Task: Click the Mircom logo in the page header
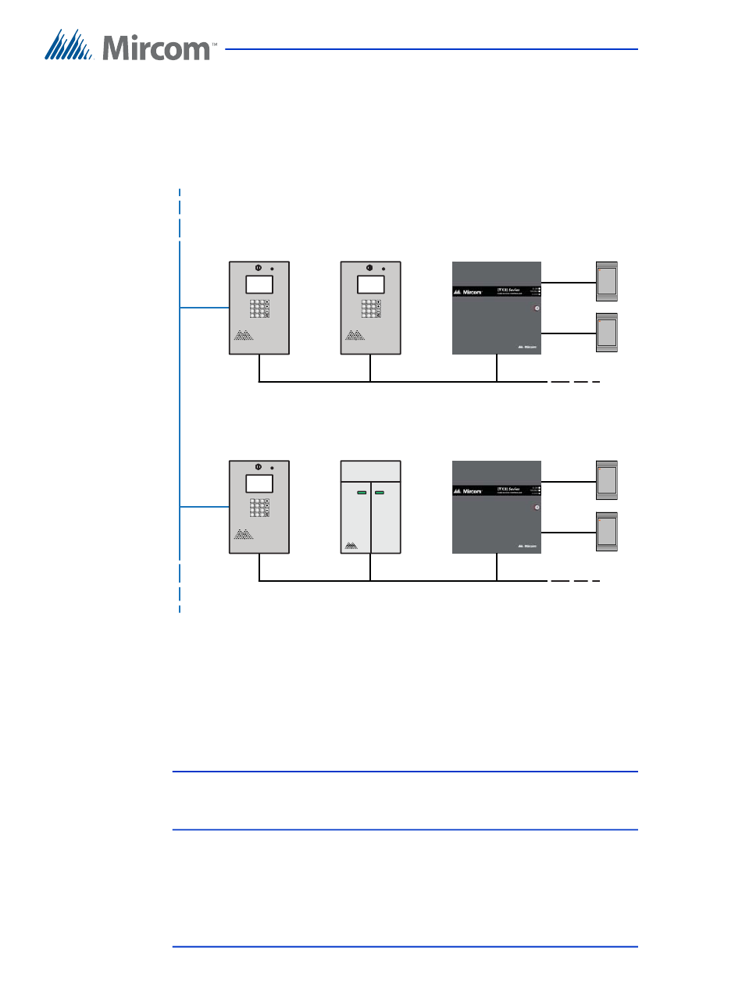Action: [130, 46]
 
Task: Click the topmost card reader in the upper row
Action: [607, 280]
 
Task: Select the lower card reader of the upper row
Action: [607, 333]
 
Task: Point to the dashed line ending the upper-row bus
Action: [575, 382]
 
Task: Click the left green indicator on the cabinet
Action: [362, 494]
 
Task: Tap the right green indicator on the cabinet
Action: [380, 494]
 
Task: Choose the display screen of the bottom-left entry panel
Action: [259, 482]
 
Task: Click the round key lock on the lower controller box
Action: [536, 508]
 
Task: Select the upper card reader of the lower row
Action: [607, 480]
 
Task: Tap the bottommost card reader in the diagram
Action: [607, 532]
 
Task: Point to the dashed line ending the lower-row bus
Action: [575, 581]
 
